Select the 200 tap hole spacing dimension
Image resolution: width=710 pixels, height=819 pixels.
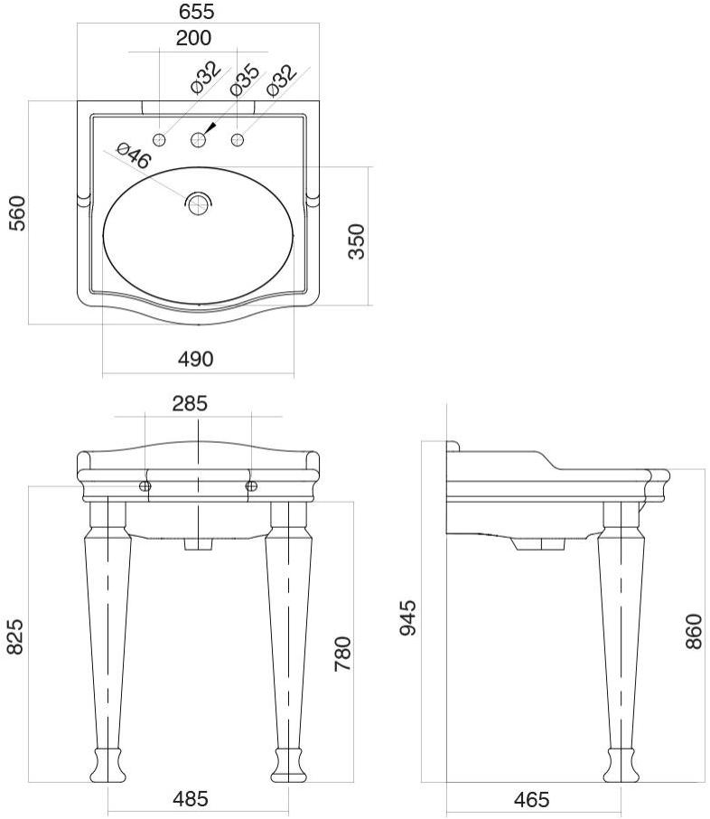pyautogui.click(x=194, y=38)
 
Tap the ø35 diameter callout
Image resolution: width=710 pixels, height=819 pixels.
pyautogui.click(x=244, y=80)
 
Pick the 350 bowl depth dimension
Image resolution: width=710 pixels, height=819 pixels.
pyautogui.click(x=357, y=240)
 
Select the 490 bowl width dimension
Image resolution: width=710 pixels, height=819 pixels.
pyautogui.click(x=195, y=359)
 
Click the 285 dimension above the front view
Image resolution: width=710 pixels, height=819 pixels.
pyautogui.click(x=190, y=403)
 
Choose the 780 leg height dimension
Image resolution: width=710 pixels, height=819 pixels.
pyautogui.click(x=342, y=653)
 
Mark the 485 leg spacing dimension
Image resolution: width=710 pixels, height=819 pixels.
pyautogui.click(x=191, y=799)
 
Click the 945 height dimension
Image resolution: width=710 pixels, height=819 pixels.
pyautogui.click(x=408, y=617)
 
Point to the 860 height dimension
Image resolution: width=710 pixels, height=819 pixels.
pyautogui.click(x=693, y=630)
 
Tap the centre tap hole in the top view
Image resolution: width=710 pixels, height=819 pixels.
pyautogui.click(x=199, y=139)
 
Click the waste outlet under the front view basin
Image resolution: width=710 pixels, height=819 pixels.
pyautogui.click(x=198, y=544)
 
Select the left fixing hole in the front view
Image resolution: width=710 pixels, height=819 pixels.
pyautogui.click(x=145, y=486)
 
